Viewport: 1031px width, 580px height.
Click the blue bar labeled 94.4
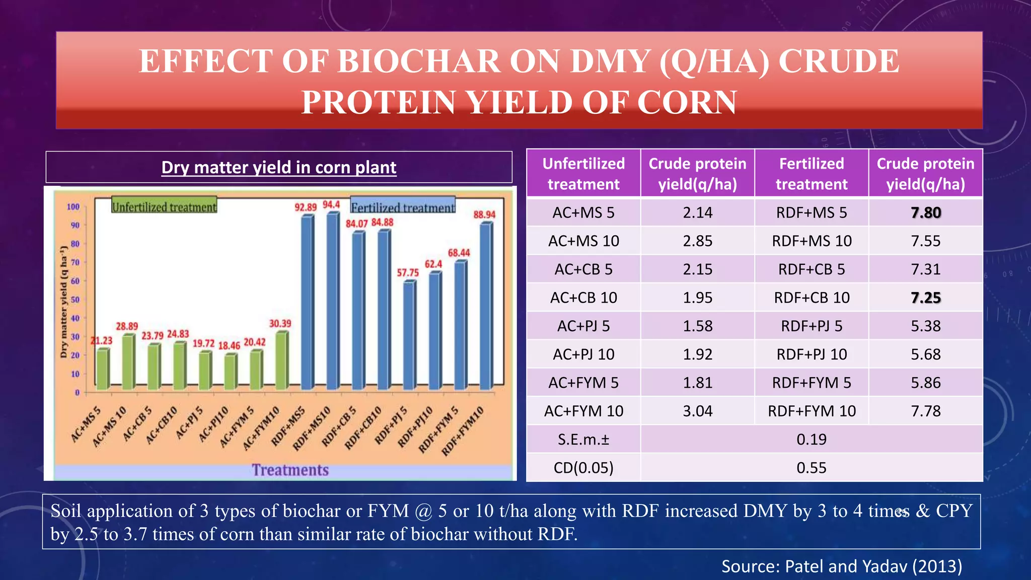click(333, 302)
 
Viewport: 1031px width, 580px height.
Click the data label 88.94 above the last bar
click(484, 215)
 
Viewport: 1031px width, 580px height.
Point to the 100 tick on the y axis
click(73, 207)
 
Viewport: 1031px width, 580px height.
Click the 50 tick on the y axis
click(75, 300)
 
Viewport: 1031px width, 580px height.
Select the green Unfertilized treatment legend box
click(164, 206)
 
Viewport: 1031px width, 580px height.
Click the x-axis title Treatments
click(290, 470)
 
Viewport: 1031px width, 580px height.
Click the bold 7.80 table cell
click(925, 213)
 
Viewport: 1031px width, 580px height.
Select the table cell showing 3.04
click(697, 411)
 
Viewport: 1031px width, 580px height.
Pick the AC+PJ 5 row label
click(583, 326)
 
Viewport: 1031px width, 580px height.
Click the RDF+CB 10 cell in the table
click(812, 298)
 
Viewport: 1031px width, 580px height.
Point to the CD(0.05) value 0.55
click(811, 468)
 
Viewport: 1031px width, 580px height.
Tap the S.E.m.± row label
click(583, 440)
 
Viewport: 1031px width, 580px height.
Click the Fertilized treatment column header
click(812, 174)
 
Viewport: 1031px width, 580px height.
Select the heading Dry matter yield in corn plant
click(278, 167)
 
